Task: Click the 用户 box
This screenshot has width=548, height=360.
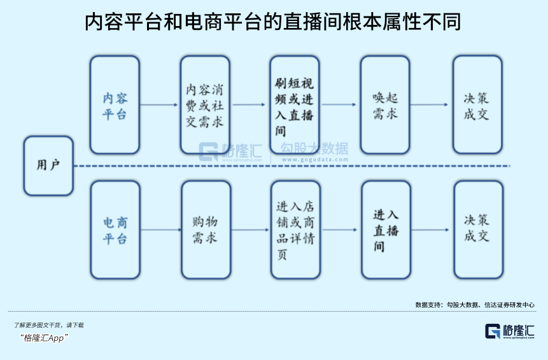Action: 48,165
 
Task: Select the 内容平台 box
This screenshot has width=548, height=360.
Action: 115,105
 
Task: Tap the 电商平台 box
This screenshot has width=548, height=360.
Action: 115,230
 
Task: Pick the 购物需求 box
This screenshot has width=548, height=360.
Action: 206,230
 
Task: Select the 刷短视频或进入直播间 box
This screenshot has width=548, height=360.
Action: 294,105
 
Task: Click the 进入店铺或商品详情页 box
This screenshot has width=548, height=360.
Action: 295,230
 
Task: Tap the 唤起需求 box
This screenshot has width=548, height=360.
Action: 385,105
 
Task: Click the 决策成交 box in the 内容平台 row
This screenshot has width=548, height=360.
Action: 477,105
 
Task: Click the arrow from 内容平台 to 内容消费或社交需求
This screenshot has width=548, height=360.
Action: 160,105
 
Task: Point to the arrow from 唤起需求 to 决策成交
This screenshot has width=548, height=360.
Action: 431,105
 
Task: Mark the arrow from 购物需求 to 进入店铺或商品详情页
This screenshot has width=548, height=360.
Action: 250,230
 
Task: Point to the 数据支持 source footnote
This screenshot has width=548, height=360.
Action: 474,305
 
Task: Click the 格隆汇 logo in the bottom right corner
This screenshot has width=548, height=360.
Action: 510,331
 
